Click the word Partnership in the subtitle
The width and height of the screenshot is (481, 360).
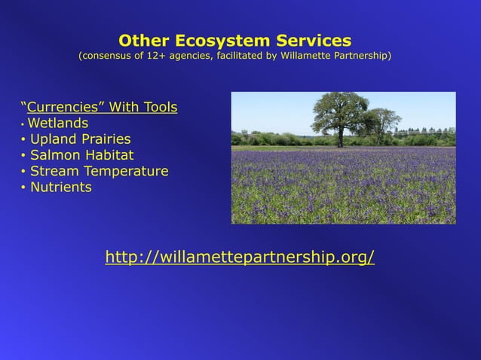[361, 56]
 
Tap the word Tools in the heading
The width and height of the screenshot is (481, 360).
[159, 107]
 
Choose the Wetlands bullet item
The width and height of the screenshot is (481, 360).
[58, 123]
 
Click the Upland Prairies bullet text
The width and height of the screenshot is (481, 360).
[80, 139]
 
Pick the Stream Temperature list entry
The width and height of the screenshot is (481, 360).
[99, 171]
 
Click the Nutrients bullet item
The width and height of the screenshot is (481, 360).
[60, 187]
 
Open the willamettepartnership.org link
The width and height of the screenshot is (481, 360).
[240, 258]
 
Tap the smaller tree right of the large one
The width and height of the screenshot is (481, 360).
[383, 122]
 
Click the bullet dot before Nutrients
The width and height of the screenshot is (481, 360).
[23, 188]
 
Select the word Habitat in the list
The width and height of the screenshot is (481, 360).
[109, 155]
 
